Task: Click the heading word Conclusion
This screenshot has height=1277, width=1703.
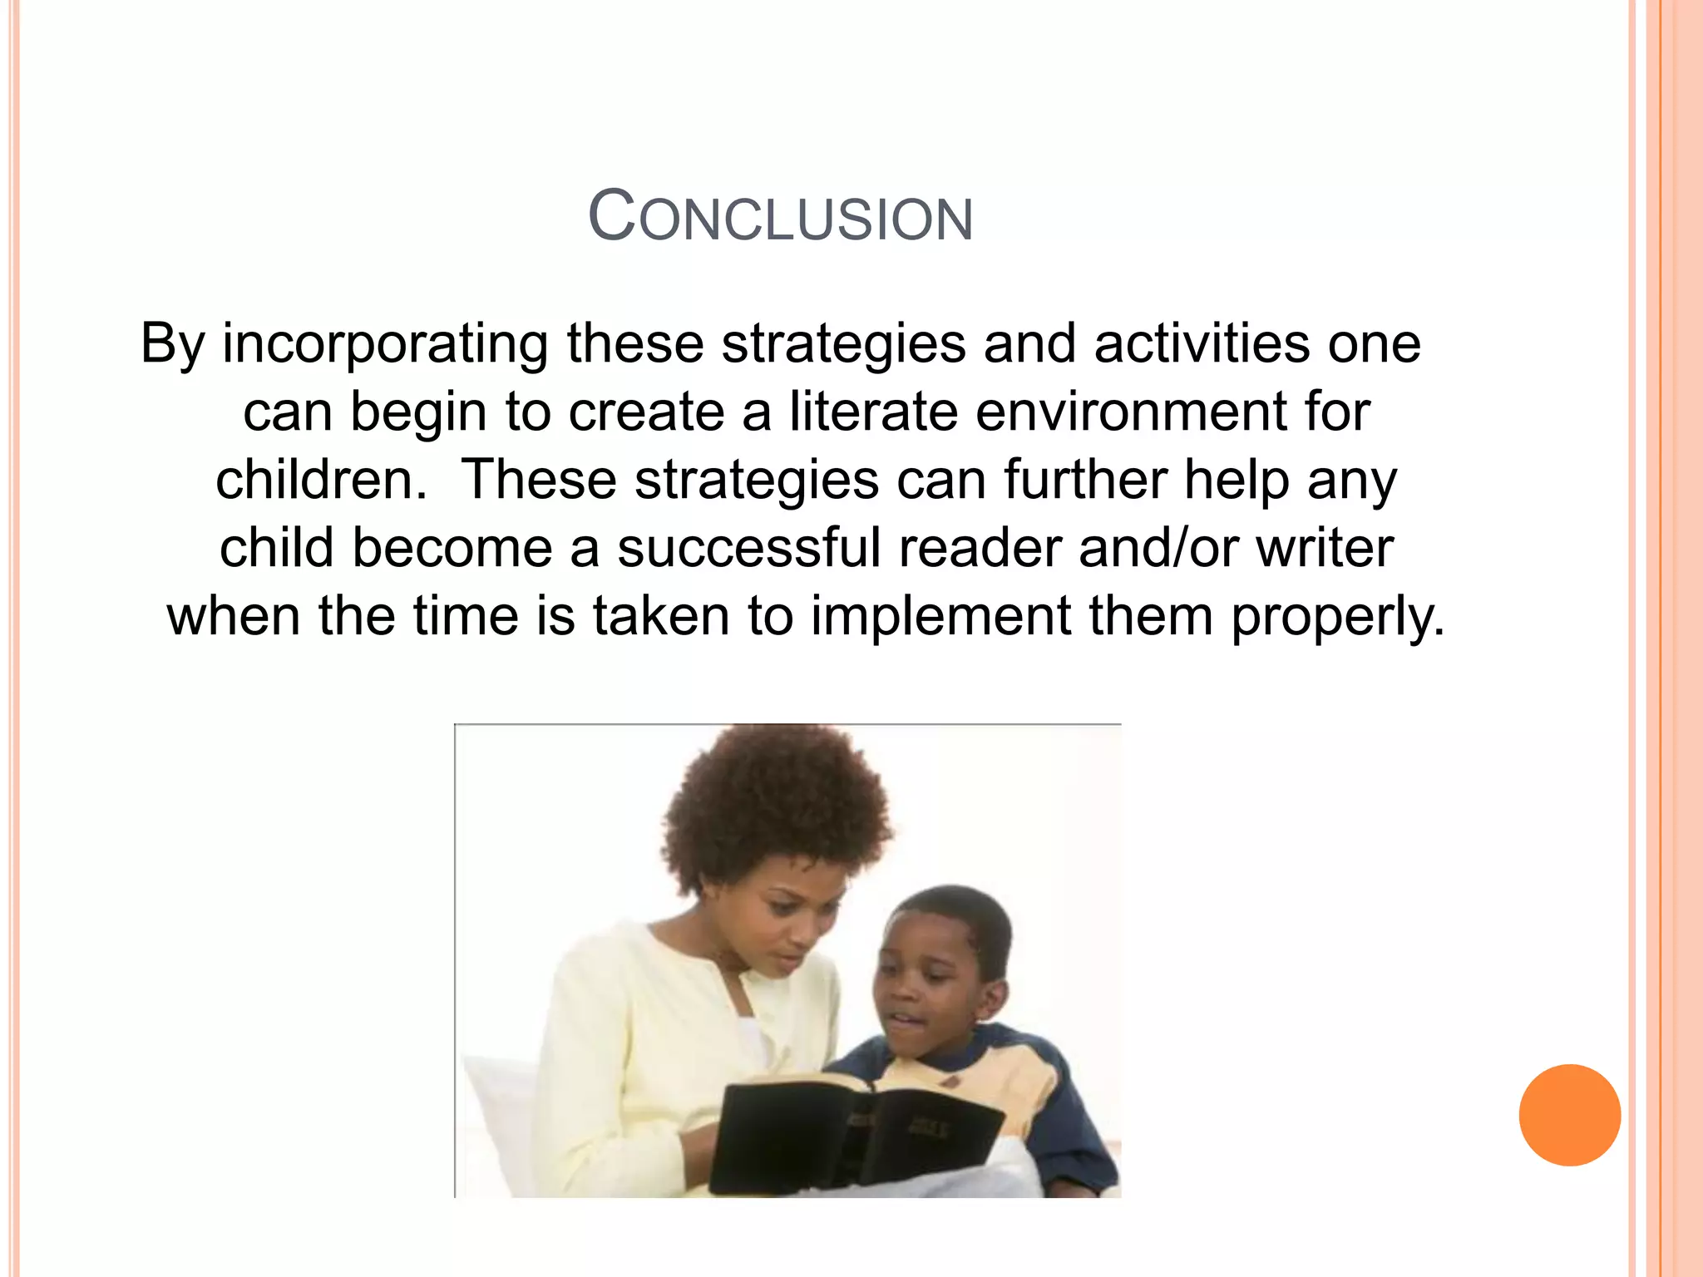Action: coord(780,218)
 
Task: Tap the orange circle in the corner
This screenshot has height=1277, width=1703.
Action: coord(1569,1115)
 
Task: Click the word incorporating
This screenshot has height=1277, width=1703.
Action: coord(384,343)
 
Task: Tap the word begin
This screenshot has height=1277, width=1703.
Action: coord(417,413)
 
